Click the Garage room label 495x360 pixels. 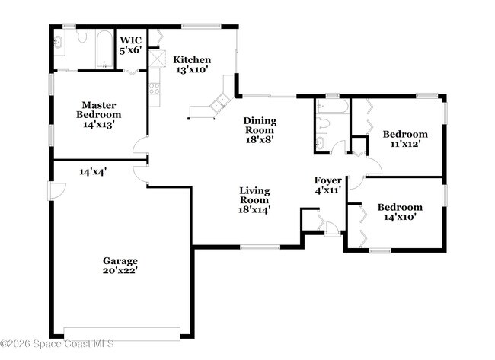coord(120,261)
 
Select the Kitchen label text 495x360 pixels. coord(192,60)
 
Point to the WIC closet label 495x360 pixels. coord(130,40)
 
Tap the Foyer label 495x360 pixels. coord(327,180)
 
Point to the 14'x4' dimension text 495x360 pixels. coord(92,172)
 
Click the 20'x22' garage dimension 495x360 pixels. coord(120,269)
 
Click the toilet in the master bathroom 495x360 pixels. coord(79,38)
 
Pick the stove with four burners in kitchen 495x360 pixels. coord(155,91)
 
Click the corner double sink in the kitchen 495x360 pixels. coord(222,102)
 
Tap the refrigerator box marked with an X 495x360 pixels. coord(158,58)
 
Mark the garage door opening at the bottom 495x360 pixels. coord(122,333)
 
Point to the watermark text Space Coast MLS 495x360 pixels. coord(57,344)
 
